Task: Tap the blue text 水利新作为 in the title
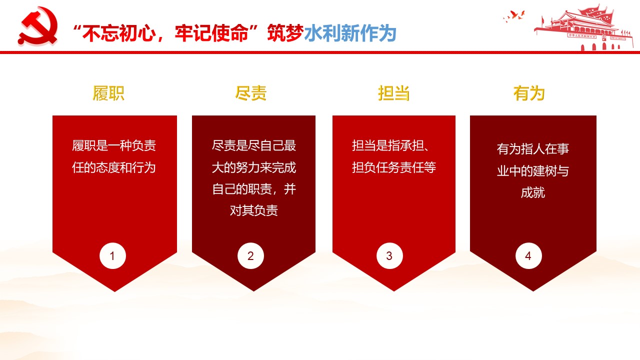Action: pyautogui.click(x=350, y=33)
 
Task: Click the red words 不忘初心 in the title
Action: pyautogui.click(x=119, y=33)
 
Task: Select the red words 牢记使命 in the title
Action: pyautogui.click(x=211, y=33)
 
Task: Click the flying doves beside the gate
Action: pyautogui.click(x=514, y=16)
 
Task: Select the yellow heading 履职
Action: pyautogui.click(x=108, y=93)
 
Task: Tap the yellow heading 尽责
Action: pyautogui.click(x=250, y=93)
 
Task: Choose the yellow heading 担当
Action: pyautogui.click(x=393, y=93)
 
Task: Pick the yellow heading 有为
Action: pyautogui.click(x=529, y=93)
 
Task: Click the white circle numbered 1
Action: pyautogui.click(x=112, y=255)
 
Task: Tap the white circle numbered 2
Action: pyautogui.click(x=250, y=255)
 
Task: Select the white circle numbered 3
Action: pyautogui.click(x=389, y=255)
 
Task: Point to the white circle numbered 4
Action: pyautogui.click(x=528, y=255)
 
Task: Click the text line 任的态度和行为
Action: pyautogui.click(x=113, y=167)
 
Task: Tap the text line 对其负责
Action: pyautogui.click(x=253, y=210)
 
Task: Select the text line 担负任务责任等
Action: pyautogui.click(x=393, y=167)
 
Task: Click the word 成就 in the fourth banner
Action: pyautogui.click(x=533, y=192)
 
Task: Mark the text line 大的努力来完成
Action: pyautogui.click(x=253, y=167)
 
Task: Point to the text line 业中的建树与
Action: pyautogui.click(x=533, y=171)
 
